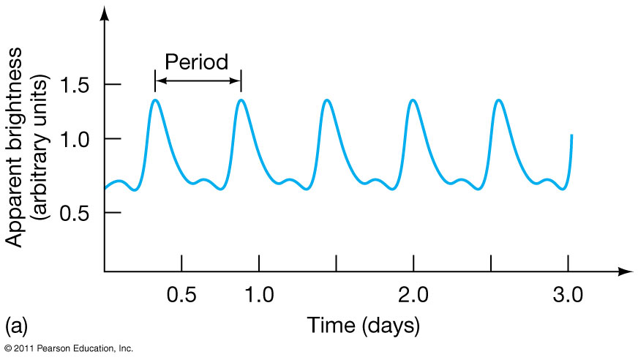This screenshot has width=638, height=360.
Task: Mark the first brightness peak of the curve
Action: tap(155, 100)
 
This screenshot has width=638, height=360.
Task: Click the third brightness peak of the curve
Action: tap(327, 100)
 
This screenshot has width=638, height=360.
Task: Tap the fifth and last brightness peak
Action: tap(499, 100)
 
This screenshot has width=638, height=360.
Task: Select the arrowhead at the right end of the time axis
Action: tap(626, 271)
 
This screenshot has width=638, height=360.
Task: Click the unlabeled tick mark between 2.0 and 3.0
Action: tap(491, 262)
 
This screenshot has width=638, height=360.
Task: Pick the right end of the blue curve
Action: tap(571, 136)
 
